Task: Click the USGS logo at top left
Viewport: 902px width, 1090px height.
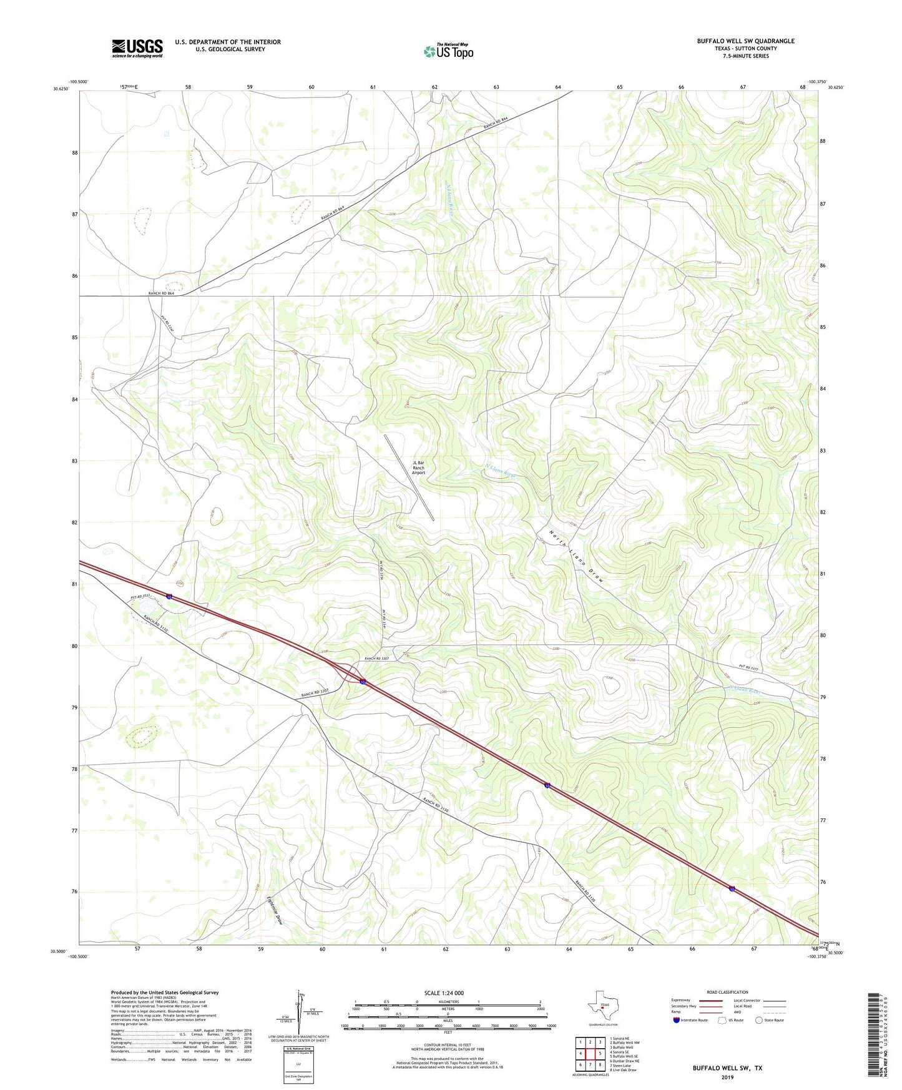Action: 137,47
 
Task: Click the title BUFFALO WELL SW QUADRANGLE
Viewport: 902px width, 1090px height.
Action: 745,41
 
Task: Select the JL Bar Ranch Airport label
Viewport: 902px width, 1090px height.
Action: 418,468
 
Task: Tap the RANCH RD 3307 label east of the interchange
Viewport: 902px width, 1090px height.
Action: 377,659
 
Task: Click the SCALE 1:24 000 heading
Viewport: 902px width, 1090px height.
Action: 444,993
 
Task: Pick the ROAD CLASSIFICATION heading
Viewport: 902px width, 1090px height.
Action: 727,992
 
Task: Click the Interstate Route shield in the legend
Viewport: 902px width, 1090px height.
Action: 677,1020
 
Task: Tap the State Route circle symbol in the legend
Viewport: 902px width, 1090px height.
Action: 758,1020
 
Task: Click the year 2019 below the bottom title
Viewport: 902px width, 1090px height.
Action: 727,1077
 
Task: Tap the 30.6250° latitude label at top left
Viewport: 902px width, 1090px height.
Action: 61,89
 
